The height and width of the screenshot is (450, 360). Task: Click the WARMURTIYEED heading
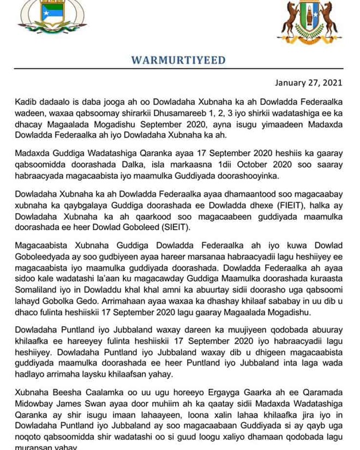point(178,60)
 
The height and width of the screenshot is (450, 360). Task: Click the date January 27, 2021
point(308,83)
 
